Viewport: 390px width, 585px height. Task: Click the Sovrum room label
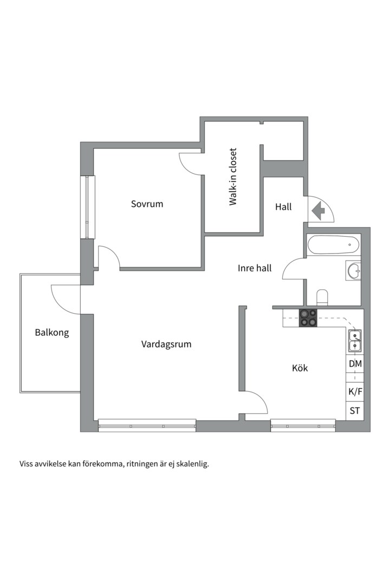pos(147,204)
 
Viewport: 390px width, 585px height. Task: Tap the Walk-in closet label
pos(233,177)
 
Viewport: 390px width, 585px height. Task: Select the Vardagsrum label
pos(166,344)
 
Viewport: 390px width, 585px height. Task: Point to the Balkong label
pos(52,333)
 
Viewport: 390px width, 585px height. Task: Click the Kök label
pos(300,368)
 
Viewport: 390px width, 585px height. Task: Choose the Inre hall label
pos(255,268)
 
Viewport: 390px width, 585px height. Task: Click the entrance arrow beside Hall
pos(318,211)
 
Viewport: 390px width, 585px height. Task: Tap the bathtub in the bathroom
pos(333,245)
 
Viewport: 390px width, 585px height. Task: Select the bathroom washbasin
pos(353,270)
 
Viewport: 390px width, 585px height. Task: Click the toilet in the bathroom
pos(322,297)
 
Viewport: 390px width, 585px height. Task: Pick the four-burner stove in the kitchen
pos(308,318)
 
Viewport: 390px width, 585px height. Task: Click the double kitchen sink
pos(355,341)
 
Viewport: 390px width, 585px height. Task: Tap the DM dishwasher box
pos(355,363)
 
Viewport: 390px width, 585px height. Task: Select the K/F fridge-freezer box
pos(355,392)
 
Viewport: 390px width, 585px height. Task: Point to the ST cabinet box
pos(355,411)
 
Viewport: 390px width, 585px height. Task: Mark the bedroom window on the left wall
pos(88,207)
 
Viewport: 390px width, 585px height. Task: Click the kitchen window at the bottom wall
pos(303,426)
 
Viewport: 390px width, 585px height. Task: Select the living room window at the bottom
pos(147,426)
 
